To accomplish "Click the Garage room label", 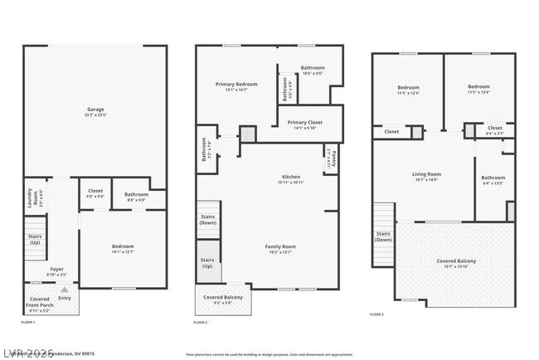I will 95,110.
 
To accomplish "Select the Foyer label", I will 56,270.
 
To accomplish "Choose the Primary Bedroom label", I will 236,85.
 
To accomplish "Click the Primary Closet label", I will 305,123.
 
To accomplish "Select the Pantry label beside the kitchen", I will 329,157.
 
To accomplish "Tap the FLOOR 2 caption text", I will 200,322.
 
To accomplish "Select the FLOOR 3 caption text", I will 377,314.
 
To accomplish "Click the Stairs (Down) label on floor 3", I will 383,236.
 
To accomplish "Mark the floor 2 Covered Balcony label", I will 223,298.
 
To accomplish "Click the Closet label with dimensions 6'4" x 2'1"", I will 494,129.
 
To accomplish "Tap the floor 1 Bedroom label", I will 123,248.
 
